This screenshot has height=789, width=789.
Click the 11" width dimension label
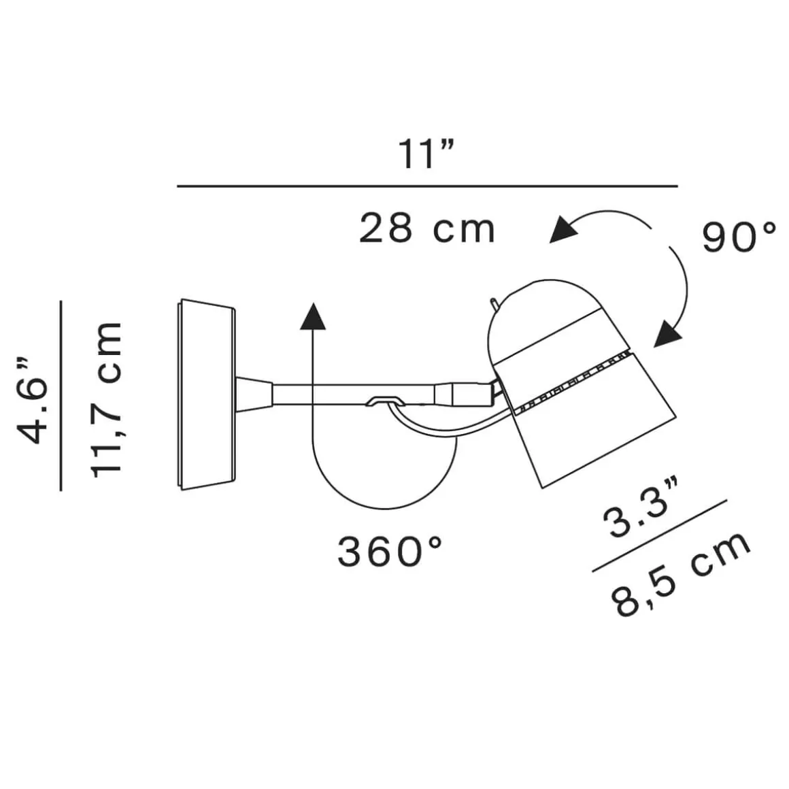[x=426, y=155]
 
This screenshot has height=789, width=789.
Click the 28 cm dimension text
[x=426, y=229]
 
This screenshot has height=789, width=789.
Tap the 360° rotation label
[x=390, y=551]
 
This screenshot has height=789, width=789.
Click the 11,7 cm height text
[x=107, y=399]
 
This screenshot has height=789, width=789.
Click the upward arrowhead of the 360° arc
[x=312, y=317]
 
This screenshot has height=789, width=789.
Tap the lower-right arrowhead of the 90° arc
[x=667, y=334]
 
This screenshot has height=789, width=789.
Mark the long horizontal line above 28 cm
[x=426, y=186]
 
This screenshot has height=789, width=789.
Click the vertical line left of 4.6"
[x=61, y=395]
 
